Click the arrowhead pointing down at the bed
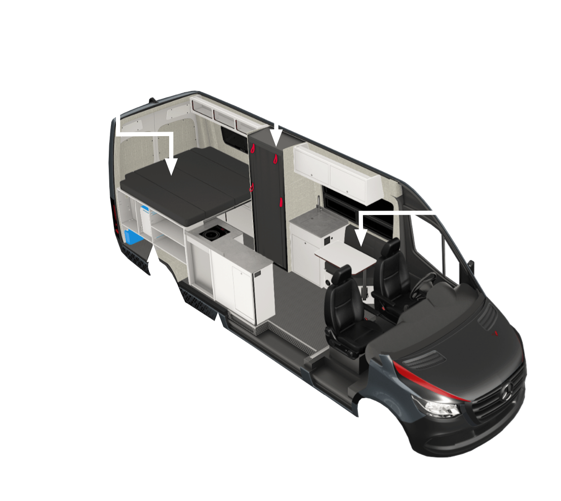tap(172, 166)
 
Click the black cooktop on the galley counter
tap(213, 234)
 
